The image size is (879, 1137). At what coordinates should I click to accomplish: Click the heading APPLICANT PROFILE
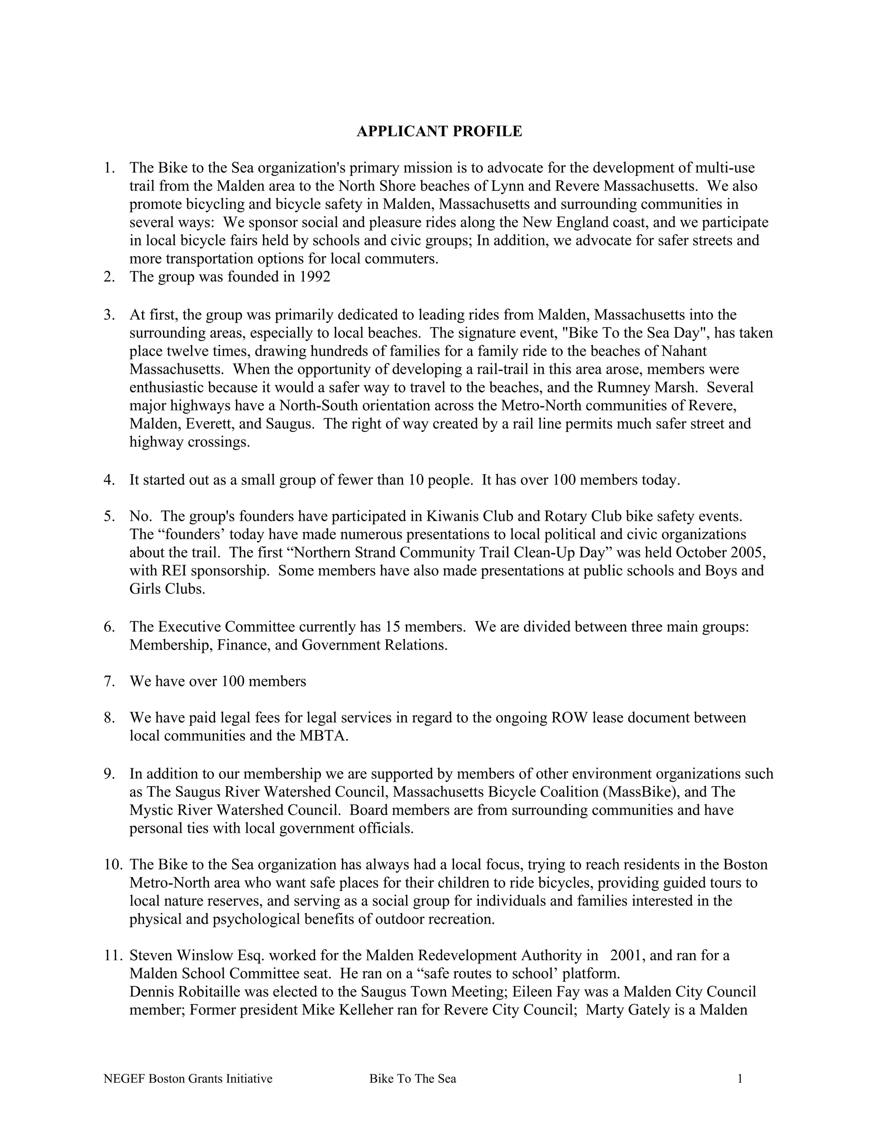click(439, 131)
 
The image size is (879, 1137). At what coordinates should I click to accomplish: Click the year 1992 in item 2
click(315, 277)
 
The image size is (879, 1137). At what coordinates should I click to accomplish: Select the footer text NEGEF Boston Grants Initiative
click(188, 1079)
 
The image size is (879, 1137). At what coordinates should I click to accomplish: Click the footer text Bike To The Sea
click(412, 1079)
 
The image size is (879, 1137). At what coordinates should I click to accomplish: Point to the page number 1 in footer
click(740, 1079)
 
